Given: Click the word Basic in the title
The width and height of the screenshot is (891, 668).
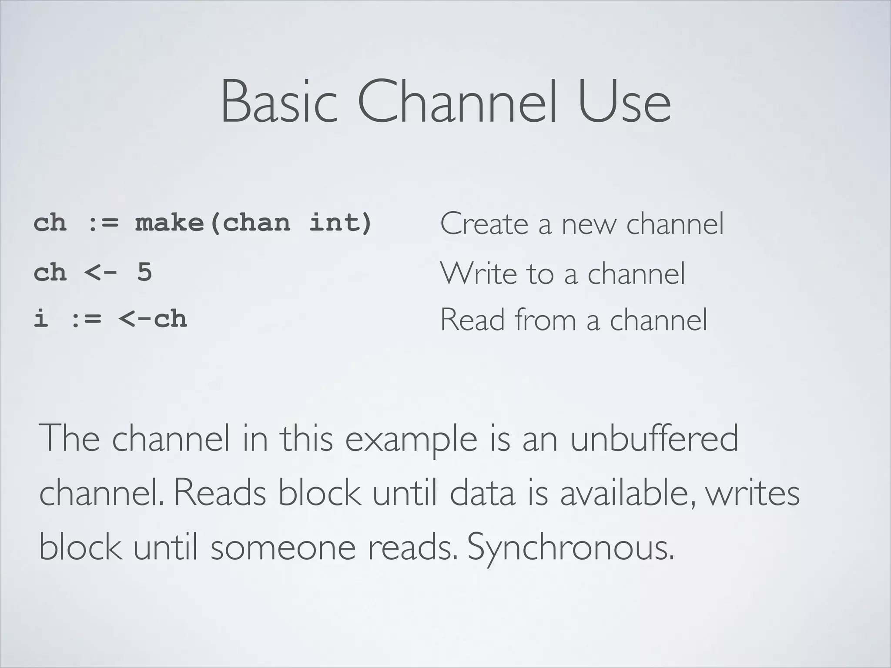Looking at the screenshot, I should click(279, 102).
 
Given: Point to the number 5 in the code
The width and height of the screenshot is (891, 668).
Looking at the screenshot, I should click(144, 273).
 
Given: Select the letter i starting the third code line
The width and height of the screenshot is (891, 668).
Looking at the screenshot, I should click(41, 318).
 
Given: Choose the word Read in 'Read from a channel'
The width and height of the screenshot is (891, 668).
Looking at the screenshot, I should click(472, 320).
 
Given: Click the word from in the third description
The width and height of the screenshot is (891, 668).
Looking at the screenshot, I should click(546, 320).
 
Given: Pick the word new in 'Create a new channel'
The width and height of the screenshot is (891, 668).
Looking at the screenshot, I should click(588, 225).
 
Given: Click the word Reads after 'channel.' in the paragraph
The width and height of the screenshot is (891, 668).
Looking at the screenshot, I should click(220, 494).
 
